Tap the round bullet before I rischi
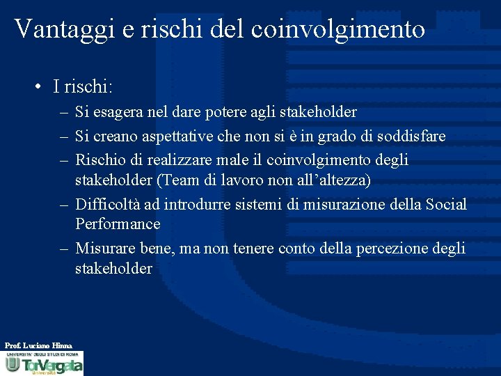pos(42,86)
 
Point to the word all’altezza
pos(333,180)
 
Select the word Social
pos(446,205)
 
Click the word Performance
pos(118,224)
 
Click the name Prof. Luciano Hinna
pos(38,345)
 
